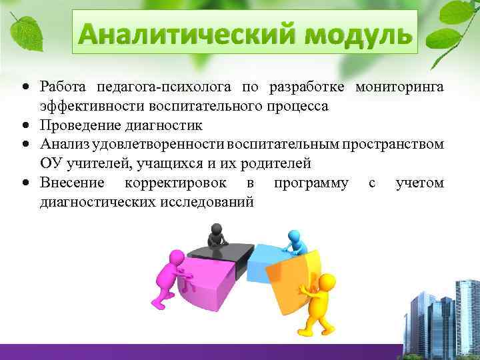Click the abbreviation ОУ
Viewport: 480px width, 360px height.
(x=51, y=163)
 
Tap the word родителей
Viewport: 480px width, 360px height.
(x=275, y=163)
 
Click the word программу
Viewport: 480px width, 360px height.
(x=311, y=182)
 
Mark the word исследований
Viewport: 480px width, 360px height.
(x=206, y=201)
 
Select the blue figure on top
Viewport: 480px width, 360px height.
(x=294, y=243)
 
